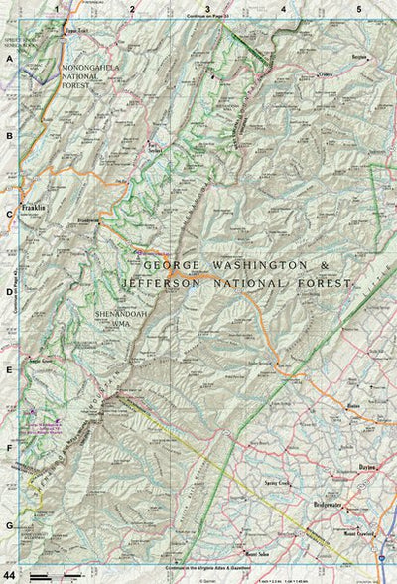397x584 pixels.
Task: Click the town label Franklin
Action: tap(34, 208)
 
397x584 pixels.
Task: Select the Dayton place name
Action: tap(368, 466)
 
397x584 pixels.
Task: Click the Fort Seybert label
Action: tap(154, 145)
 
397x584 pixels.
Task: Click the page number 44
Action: tap(9, 575)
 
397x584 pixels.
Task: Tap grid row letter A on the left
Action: tap(9, 59)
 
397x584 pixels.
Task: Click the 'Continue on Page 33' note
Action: tap(207, 17)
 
